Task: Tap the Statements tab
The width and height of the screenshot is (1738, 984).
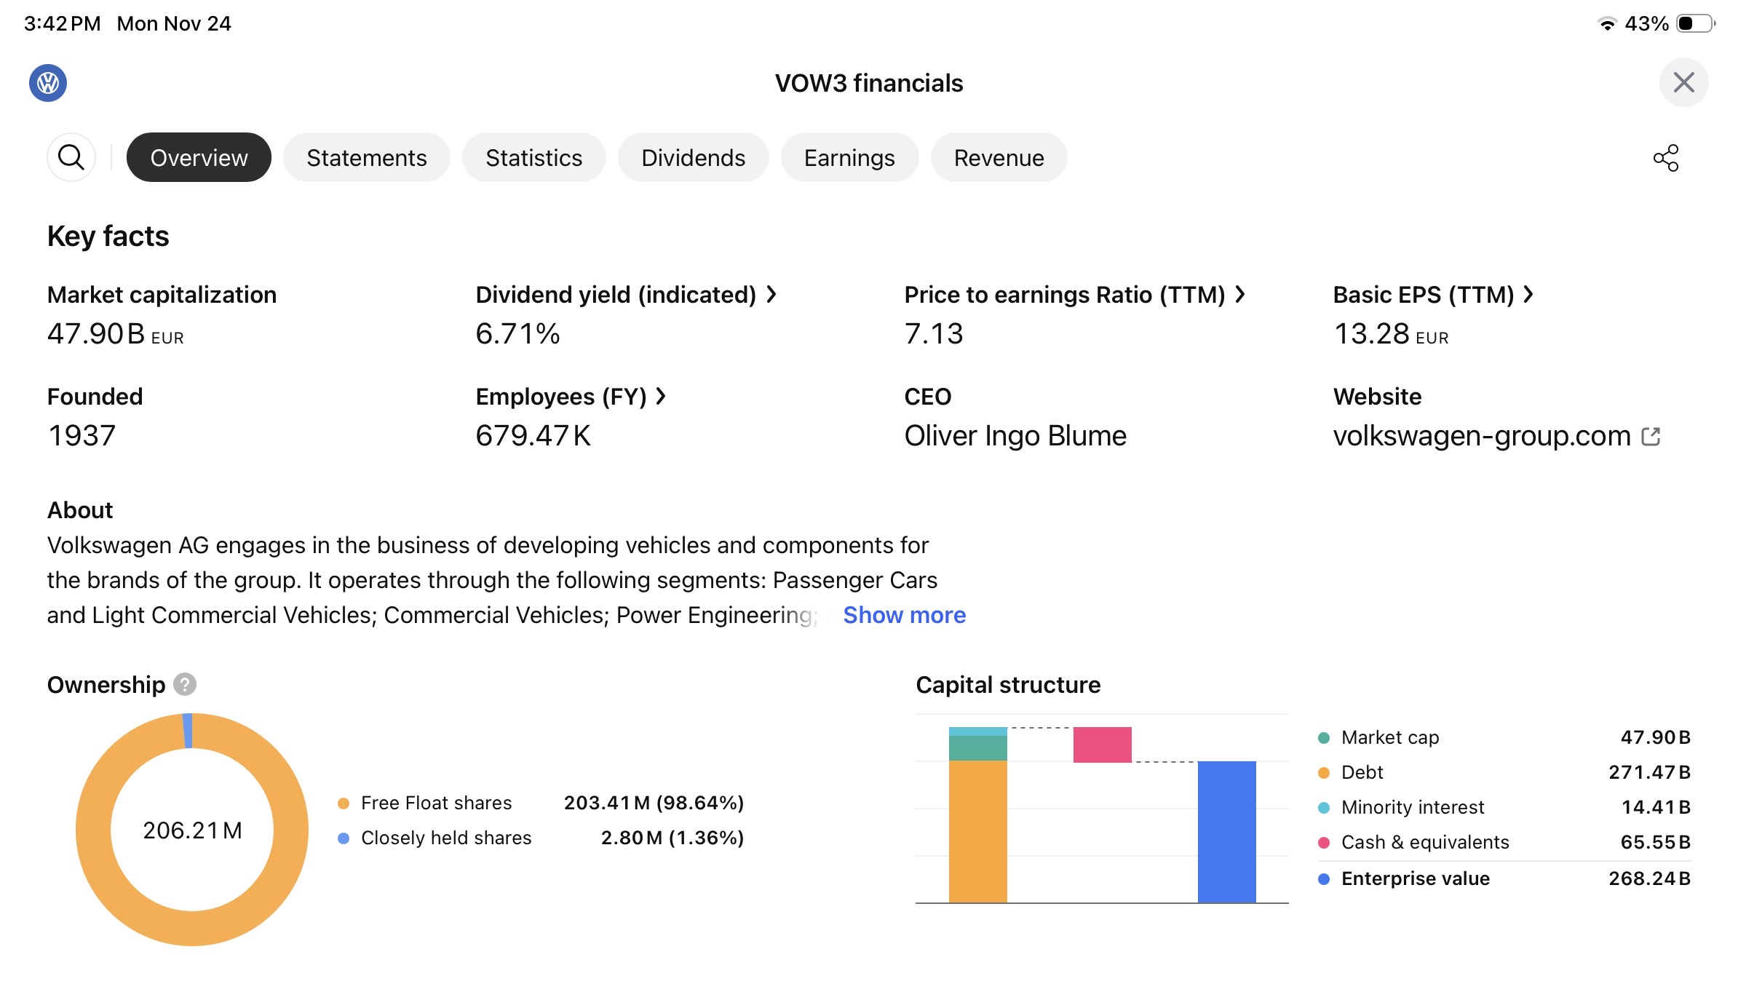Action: pyautogui.click(x=366, y=158)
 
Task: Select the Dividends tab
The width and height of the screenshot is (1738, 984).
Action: pyautogui.click(x=693, y=158)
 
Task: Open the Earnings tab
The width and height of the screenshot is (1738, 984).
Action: pyautogui.click(x=849, y=158)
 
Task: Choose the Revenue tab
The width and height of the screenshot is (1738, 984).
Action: pyautogui.click(x=999, y=158)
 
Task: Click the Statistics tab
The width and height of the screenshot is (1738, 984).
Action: pyautogui.click(x=533, y=158)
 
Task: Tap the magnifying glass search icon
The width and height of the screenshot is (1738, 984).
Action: pyautogui.click(x=71, y=157)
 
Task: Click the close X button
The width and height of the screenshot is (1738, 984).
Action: pyautogui.click(x=1683, y=82)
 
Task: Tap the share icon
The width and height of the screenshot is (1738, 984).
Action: pyautogui.click(x=1666, y=158)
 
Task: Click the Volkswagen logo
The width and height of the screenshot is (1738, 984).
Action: pyautogui.click(x=48, y=83)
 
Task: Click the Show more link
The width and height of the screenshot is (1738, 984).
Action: pyautogui.click(x=904, y=616)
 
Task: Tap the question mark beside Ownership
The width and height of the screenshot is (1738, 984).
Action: pyautogui.click(x=185, y=685)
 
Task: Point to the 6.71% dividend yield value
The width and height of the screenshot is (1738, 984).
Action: pyautogui.click(x=517, y=334)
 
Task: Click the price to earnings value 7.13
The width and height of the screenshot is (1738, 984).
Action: pyautogui.click(x=933, y=334)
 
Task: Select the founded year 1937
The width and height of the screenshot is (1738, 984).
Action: pyautogui.click(x=82, y=436)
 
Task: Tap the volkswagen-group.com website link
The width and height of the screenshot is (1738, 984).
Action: pyautogui.click(x=1482, y=436)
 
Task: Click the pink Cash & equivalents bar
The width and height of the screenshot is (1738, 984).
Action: pyautogui.click(x=1102, y=745)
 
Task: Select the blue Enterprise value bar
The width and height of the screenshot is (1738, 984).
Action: pyautogui.click(x=1226, y=831)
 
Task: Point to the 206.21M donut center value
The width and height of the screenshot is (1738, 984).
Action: pyautogui.click(x=192, y=830)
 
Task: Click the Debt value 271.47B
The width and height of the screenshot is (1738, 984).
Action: pyautogui.click(x=1649, y=772)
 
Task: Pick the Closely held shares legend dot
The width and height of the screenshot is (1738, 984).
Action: pyautogui.click(x=344, y=838)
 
